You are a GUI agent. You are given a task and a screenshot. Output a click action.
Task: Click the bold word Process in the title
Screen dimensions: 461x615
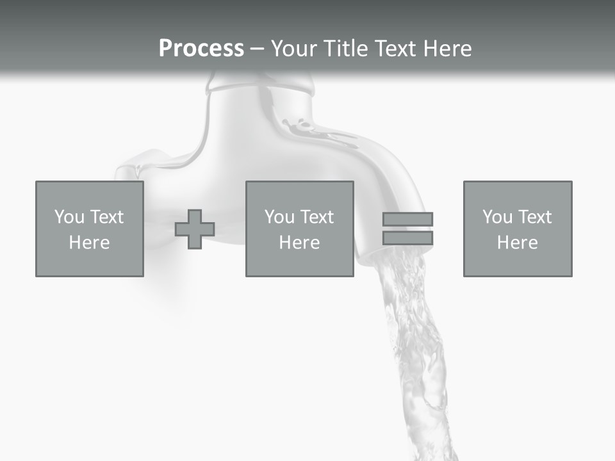pyautogui.click(x=201, y=49)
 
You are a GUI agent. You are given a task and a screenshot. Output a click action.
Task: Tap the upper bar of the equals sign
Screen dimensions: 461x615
pyautogui.click(x=407, y=219)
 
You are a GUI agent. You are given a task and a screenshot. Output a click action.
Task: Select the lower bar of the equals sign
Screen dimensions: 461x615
pyautogui.click(x=407, y=238)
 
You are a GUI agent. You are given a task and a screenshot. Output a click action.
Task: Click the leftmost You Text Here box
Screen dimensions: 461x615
pyautogui.click(x=89, y=229)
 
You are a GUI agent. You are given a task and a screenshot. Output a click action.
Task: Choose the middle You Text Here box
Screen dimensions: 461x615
pyautogui.click(x=299, y=229)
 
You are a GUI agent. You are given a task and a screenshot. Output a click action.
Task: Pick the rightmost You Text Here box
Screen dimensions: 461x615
pyautogui.click(x=517, y=229)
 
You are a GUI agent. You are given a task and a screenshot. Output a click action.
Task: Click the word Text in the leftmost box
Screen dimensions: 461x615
pyautogui.click(x=107, y=217)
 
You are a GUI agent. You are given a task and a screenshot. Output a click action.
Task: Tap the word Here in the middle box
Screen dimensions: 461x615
pyautogui.click(x=299, y=243)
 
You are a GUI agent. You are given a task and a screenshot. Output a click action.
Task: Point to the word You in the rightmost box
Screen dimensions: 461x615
pyautogui.click(x=497, y=217)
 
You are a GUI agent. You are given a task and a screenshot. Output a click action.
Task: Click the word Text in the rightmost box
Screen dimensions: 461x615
pyautogui.click(x=535, y=217)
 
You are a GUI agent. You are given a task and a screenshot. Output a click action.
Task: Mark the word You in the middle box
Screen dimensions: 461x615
pyautogui.click(x=279, y=217)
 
